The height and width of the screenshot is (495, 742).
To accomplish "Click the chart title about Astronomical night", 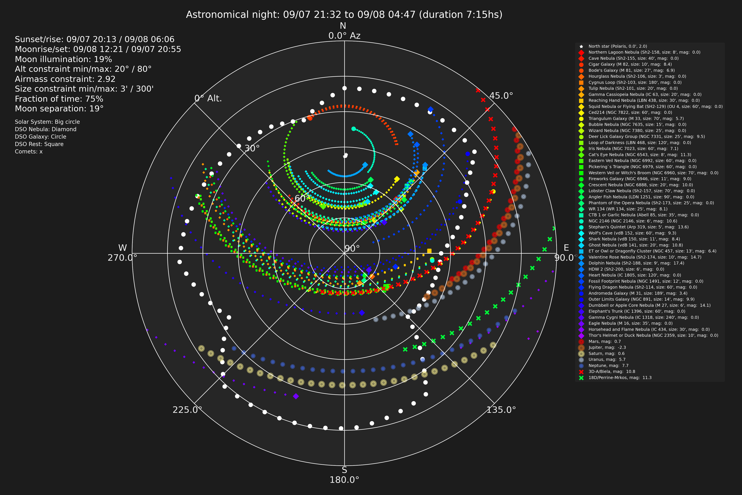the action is point(344,15).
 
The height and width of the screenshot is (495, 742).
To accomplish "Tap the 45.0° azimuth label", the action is point(501,96).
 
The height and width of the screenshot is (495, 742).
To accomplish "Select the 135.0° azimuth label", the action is point(501,410).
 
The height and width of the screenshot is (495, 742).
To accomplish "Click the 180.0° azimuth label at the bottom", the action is point(344,480).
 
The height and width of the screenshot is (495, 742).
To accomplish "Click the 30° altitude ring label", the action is point(252,148).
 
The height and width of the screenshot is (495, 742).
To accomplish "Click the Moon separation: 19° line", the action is point(59,109).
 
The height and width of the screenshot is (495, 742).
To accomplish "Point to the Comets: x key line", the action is point(29,151).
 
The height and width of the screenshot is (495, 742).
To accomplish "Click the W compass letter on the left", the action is point(122,248).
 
